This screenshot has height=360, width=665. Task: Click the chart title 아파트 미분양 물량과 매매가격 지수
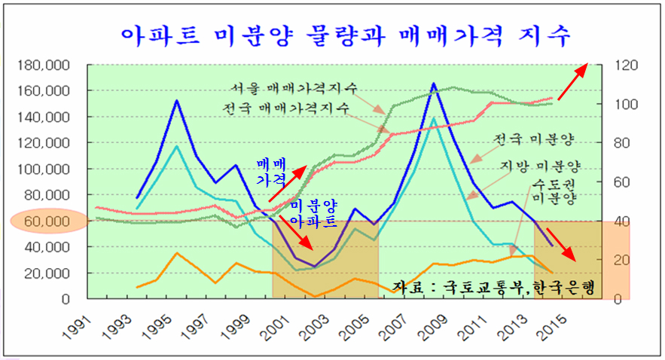(x=346, y=35)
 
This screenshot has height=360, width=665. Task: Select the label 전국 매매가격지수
(x=286, y=108)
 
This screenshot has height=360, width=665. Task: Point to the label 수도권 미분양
(x=554, y=191)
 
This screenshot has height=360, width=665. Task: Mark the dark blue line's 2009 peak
(x=434, y=84)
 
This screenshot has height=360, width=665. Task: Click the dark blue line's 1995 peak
(x=176, y=100)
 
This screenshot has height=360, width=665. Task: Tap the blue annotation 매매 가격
(x=270, y=172)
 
